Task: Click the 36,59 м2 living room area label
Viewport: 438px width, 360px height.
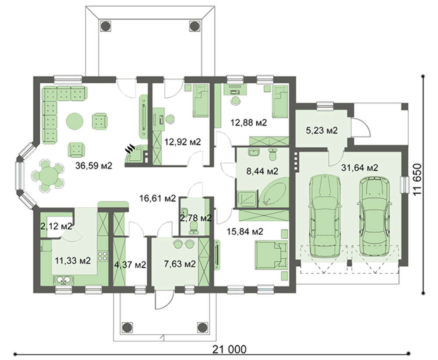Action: pos(94,166)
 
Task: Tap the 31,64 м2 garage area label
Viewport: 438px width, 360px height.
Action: pos(360,168)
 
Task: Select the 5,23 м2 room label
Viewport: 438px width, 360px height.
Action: pos(322,130)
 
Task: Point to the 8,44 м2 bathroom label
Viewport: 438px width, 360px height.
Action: pos(262,171)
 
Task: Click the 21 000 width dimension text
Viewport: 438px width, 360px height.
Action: pos(230,349)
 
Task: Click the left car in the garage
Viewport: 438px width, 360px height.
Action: pos(325,215)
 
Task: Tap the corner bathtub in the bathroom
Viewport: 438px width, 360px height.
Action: pos(272,192)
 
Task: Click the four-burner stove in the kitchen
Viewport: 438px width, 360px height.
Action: pos(102,256)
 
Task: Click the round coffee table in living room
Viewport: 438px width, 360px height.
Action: pos(74,121)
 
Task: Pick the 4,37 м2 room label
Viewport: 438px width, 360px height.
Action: pos(130,264)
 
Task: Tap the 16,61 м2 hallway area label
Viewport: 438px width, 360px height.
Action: pos(158,198)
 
